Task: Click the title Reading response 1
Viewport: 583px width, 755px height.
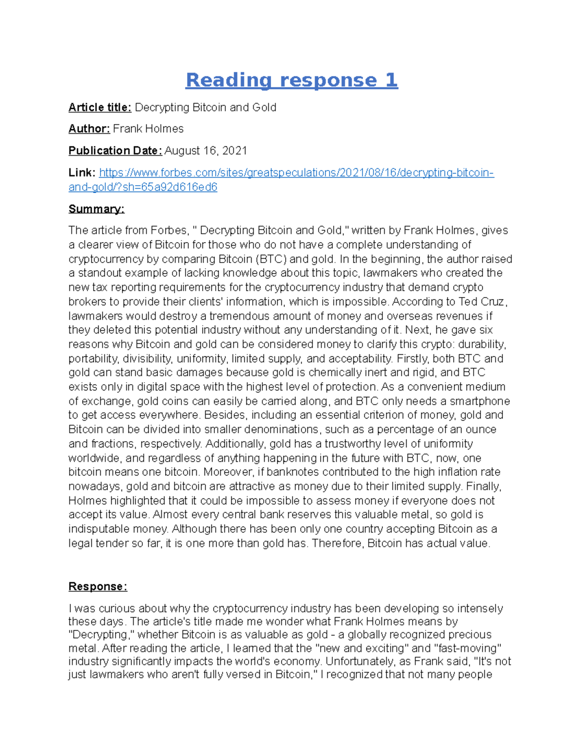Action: pos(291,80)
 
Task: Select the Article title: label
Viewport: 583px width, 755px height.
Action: pos(100,107)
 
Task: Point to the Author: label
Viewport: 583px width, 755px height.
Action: pos(89,129)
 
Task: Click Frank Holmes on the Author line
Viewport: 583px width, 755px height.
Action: pos(148,129)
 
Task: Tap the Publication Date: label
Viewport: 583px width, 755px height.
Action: pos(115,151)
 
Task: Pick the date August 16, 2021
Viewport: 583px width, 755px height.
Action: pos(206,151)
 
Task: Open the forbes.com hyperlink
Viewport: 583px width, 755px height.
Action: pos(296,173)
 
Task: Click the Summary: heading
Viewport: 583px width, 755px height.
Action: pos(96,209)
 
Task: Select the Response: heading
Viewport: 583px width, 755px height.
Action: pos(98,586)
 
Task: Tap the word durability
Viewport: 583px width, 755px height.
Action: pos(482,344)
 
